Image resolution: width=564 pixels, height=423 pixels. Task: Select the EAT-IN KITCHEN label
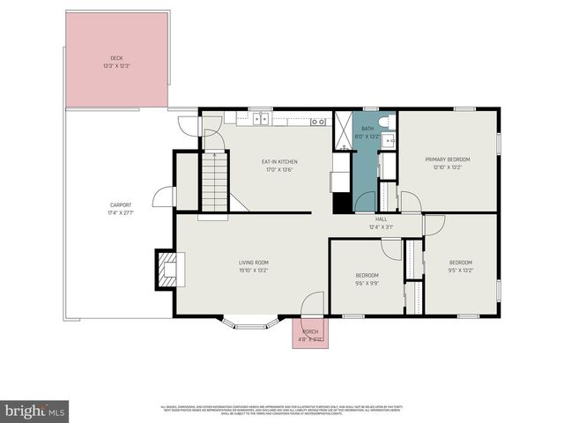pyautogui.click(x=279, y=162)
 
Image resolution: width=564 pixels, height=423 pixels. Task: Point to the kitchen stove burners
pyautogui.click(x=318, y=121)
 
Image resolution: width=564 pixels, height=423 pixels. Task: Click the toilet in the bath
pyautogui.click(x=386, y=121)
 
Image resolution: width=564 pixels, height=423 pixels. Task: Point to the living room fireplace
pyautogui.click(x=166, y=270)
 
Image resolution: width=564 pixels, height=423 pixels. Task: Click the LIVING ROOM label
pyautogui.click(x=254, y=263)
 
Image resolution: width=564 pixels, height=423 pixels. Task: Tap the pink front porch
pyautogui.click(x=310, y=334)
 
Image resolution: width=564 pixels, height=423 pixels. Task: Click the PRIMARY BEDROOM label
pyautogui.click(x=448, y=160)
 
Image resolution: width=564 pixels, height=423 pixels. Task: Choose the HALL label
pyautogui.click(x=382, y=219)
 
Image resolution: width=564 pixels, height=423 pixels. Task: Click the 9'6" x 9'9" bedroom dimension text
pyautogui.click(x=367, y=283)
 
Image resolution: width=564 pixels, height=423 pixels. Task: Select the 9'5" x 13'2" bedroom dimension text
pyautogui.click(x=461, y=271)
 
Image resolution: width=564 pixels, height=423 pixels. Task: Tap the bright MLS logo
pyautogui.click(x=35, y=411)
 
